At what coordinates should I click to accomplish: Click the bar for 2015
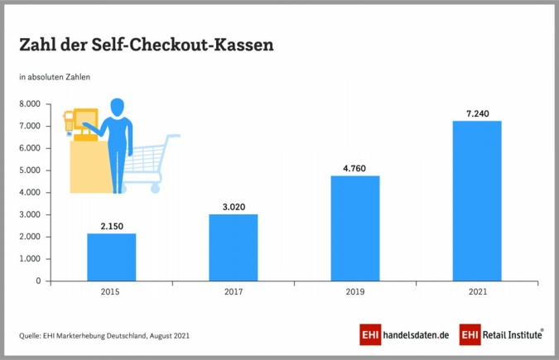click(111, 257)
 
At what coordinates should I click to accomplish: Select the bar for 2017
click(233, 247)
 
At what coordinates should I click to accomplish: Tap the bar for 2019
click(354, 228)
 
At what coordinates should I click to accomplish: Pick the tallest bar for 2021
click(476, 200)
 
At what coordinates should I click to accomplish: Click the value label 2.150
click(111, 225)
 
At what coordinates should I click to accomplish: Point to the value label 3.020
click(233, 205)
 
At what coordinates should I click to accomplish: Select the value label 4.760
click(354, 167)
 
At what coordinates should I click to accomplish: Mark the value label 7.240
click(476, 112)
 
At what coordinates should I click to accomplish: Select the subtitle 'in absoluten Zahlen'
click(55, 77)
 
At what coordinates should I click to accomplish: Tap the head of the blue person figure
click(118, 108)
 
